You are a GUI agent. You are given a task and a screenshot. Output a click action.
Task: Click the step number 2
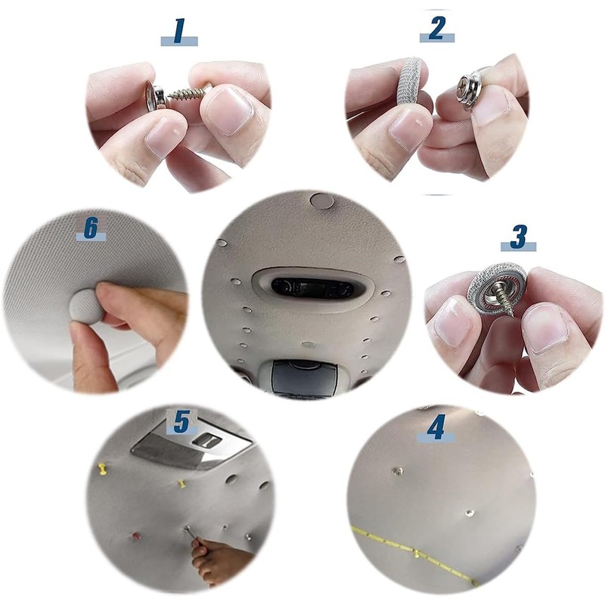pyautogui.click(x=437, y=28)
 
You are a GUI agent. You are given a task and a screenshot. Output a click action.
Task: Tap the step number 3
pyautogui.click(x=519, y=237)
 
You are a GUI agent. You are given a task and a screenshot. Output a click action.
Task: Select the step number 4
pyautogui.click(x=436, y=427)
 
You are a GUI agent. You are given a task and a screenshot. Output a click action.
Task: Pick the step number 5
pyautogui.click(x=182, y=421)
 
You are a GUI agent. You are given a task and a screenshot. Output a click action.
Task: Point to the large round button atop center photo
pyautogui.click(x=322, y=200)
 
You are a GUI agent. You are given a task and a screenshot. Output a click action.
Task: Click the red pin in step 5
pyautogui.click(x=137, y=535)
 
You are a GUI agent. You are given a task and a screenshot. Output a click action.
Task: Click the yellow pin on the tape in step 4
pyautogui.click(x=417, y=554)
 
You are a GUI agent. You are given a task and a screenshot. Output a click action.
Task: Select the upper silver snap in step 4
pyautogui.click(x=397, y=470)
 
